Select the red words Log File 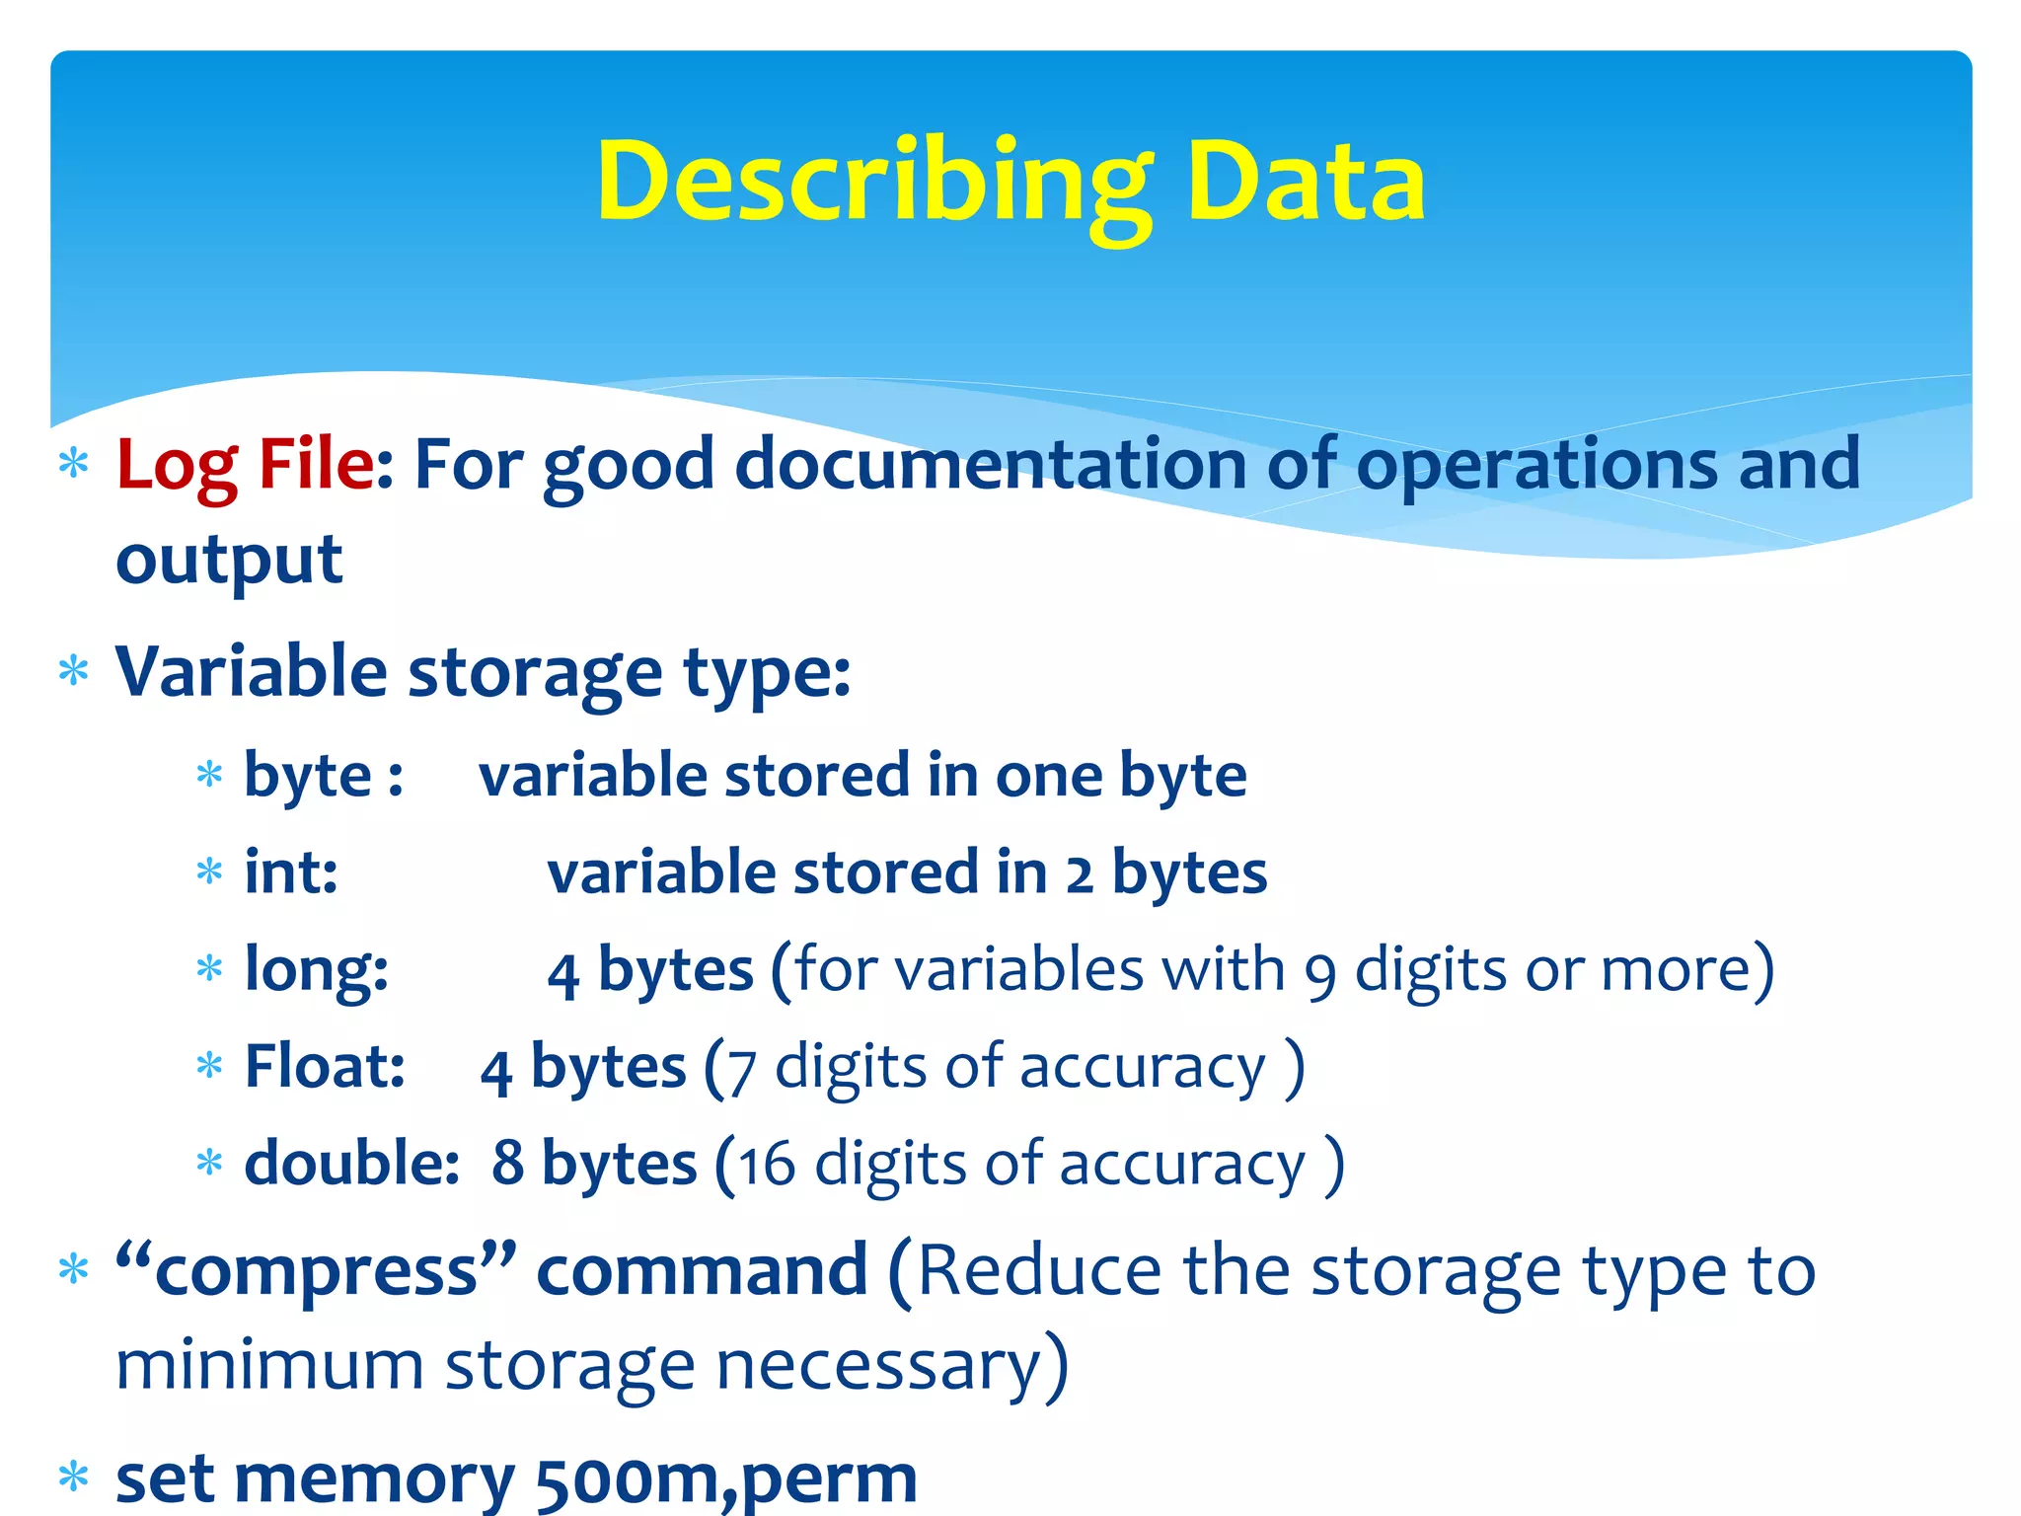(x=245, y=464)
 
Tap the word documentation (x=991, y=464)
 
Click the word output (x=229, y=560)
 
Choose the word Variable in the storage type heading (x=251, y=671)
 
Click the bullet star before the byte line (x=209, y=775)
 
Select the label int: (x=291, y=872)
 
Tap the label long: (x=316, y=969)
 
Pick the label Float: (x=325, y=1066)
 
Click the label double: (x=351, y=1163)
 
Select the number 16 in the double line (x=767, y=1165)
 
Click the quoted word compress (x=316, y=1271)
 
